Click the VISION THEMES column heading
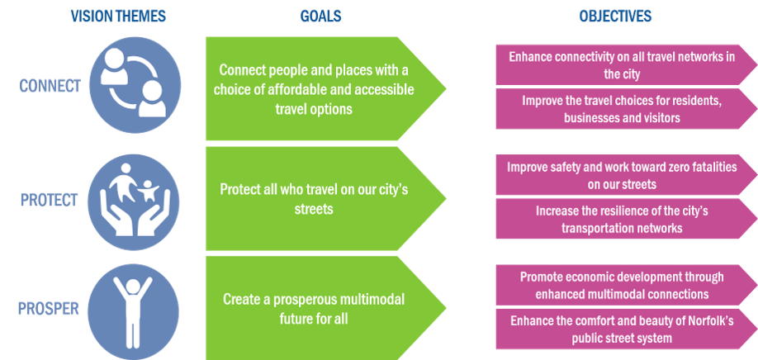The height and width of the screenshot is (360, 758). (x=118, y=16)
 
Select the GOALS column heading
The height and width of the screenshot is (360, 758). (x=321, y=16)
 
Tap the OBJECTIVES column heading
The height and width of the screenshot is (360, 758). (x=614, y=16)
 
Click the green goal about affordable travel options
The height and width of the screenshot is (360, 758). (x=318, y=89)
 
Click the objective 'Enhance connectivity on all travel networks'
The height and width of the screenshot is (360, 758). (x=621, y=65)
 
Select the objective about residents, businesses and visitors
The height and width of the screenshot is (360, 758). (x=621, y=109)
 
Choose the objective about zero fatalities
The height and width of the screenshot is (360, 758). (x=621, y=175)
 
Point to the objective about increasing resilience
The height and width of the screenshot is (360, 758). (x=621, y=219)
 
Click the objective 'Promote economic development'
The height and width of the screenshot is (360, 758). (x=621, y=284)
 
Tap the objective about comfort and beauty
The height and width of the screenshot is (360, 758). (x=621, y=329)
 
